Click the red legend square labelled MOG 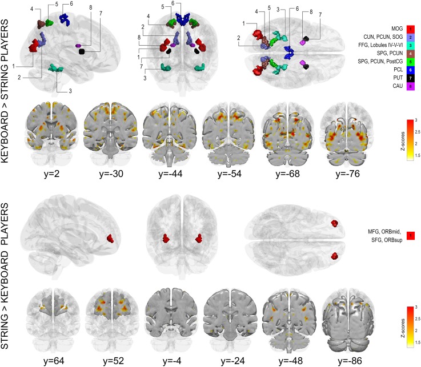tap(411, 28)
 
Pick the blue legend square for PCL tap(411, 69)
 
